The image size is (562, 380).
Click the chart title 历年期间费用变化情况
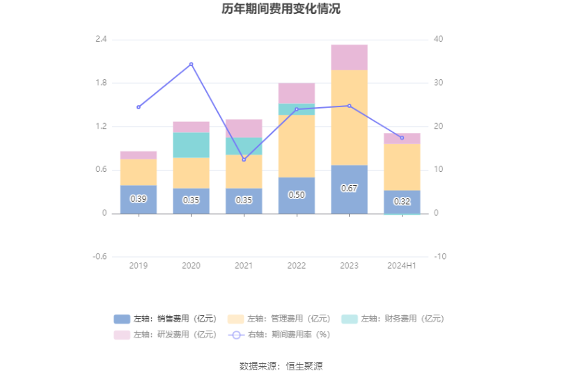pyautogui.click(x=281, y=10)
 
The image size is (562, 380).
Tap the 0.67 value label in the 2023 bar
pyautogui.click(x=349, y=189)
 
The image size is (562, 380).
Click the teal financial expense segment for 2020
pyautogui.click(x=191, y=145)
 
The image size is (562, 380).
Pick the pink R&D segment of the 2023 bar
pyautogui.click(x=349, y=57)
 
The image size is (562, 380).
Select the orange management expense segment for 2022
pyautogui.click(x=297, y=146)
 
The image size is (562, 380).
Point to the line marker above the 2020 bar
pyautogui.click(x=191, y=64)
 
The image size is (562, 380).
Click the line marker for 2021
pyautogui.click(x=244, y=160)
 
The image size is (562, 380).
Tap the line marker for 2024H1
pyautogui.click(x=402, y=138)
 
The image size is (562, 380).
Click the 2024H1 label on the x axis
pyautogui.click(x=402, y=266)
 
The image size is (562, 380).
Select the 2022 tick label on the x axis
pyautogui.click(x=297, y=266)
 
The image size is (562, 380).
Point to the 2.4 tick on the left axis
pyautogui.click(x=101, y=39)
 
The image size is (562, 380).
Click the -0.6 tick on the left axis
pyautogui.click(x=100, y=257)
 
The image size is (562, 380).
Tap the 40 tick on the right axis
pyautogui.click(x=438, y=39)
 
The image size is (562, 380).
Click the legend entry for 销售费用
pyautogui.click(x=165, y=319)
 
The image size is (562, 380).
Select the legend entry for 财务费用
pyautogui.click(x=392, y=319)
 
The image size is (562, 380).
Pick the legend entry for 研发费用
pyautogui.click(x=165, y=334)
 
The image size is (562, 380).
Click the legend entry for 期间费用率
pyautogui.click(x=279, y=334)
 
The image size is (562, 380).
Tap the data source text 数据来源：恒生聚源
pyautogui.click(x=281, y=366)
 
